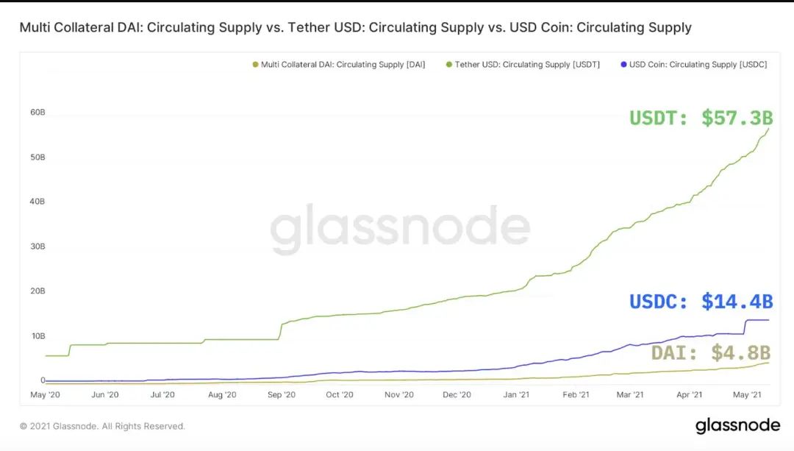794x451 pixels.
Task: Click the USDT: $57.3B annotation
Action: (701, 118)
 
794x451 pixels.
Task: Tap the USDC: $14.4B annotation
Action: (701, 301)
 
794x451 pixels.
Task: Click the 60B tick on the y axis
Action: (37, 113)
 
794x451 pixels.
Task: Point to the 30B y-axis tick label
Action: (37, 246)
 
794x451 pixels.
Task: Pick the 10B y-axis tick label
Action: (37, 336)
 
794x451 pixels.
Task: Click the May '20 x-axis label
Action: (45, 395)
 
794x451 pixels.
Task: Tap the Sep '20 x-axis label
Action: (281, 395)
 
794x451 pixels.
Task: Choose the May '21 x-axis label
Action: (747, 395)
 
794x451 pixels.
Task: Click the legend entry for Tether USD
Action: (527, 65)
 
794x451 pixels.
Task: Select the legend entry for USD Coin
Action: (698, 65)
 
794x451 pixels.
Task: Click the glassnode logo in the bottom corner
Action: (737, 425)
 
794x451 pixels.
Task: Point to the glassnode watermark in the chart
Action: (400, 229)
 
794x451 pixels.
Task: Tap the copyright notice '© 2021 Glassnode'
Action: (102, 426)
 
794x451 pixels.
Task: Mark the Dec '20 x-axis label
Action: (457, 395)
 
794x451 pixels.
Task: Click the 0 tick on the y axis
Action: (43, 380)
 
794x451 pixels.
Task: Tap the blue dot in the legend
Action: (624, 65)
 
